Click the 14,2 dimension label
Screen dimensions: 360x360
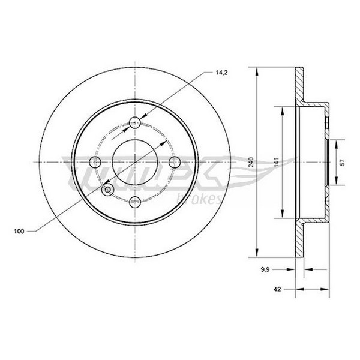[221, 73]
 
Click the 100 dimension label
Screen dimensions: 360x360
[19, 231]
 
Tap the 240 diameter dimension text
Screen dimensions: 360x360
[251, 162]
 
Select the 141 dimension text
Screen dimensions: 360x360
[276, 162]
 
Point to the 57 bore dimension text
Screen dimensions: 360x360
[343, 163]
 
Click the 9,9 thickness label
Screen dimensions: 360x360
[265, 270]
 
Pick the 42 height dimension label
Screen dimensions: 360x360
[277, 289]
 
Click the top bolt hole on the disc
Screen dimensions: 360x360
[135, 122]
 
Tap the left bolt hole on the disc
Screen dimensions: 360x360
[95, 162]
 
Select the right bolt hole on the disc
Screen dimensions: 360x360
[175, 162]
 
